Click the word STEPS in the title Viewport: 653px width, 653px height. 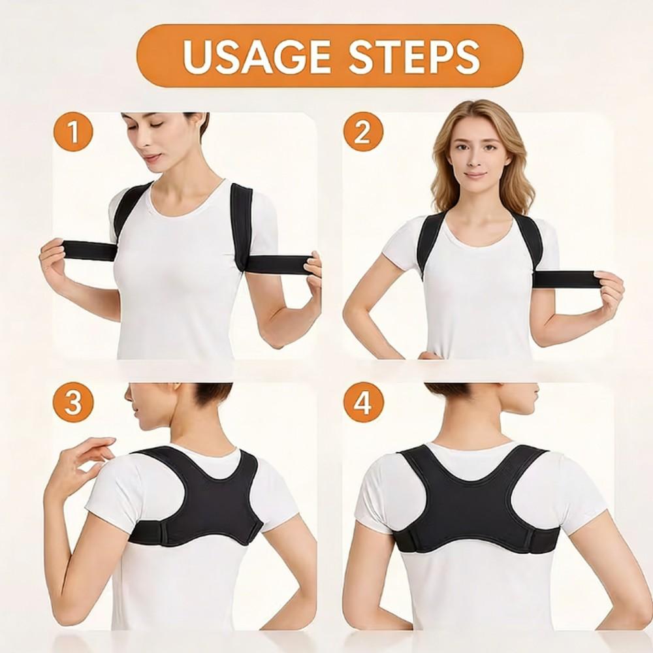click(414, 56)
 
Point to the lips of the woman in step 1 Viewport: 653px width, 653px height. click(152, 157)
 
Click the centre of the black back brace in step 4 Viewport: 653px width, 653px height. click(476, 503)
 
